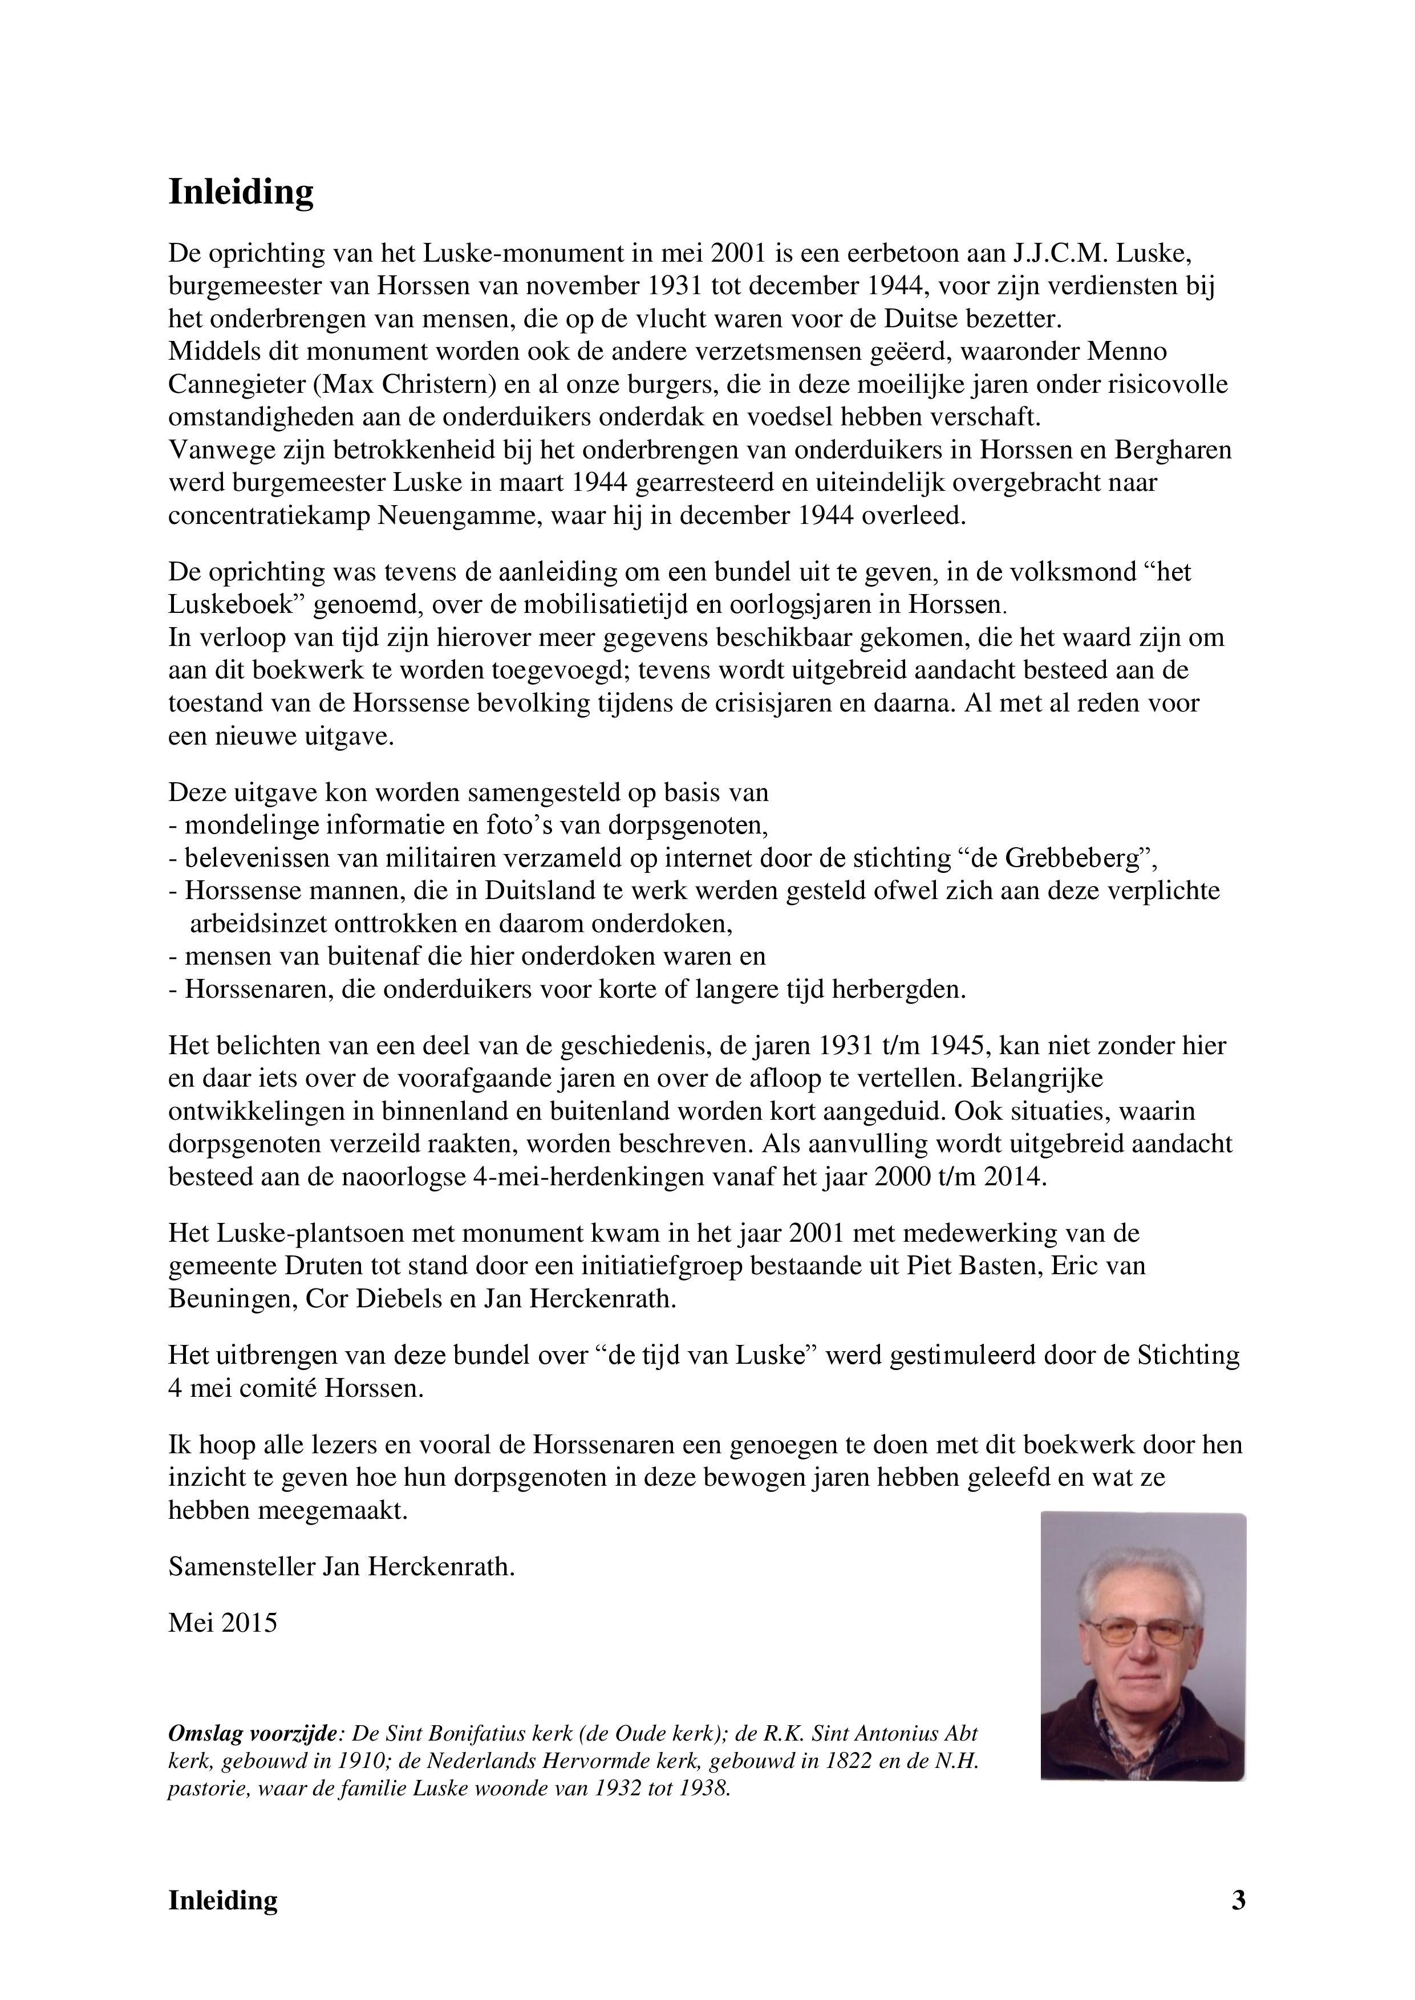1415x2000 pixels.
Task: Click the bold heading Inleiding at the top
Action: click(241, 193)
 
